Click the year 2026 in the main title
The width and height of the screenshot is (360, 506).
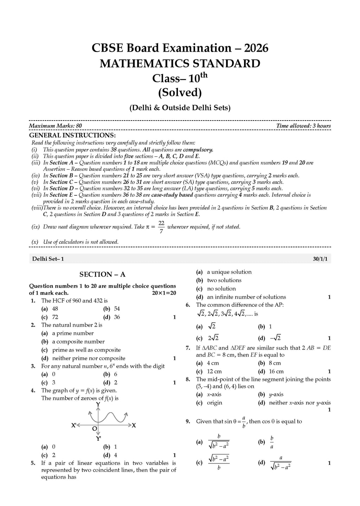click(256, 48)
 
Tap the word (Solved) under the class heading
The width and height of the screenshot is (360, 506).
click(180, 92)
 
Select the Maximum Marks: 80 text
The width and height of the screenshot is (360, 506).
click(56, 126)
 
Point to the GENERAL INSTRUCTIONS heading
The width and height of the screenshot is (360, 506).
click(72, 135)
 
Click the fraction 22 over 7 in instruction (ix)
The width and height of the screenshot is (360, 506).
click(161, 227)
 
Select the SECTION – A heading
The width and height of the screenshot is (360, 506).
click(102, 274)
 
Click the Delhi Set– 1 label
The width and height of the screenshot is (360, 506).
click(48, 259)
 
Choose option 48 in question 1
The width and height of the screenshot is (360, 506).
click(55, 309)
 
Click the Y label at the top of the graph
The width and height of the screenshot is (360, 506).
click(98, 405)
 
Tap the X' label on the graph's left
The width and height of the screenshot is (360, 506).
click(74, 426)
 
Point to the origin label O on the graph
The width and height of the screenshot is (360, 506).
click(94, 429)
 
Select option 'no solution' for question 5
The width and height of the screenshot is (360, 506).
click(221, 288)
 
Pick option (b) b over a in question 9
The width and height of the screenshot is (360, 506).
click(272, 442)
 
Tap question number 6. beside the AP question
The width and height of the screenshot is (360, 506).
click(188, 305)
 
